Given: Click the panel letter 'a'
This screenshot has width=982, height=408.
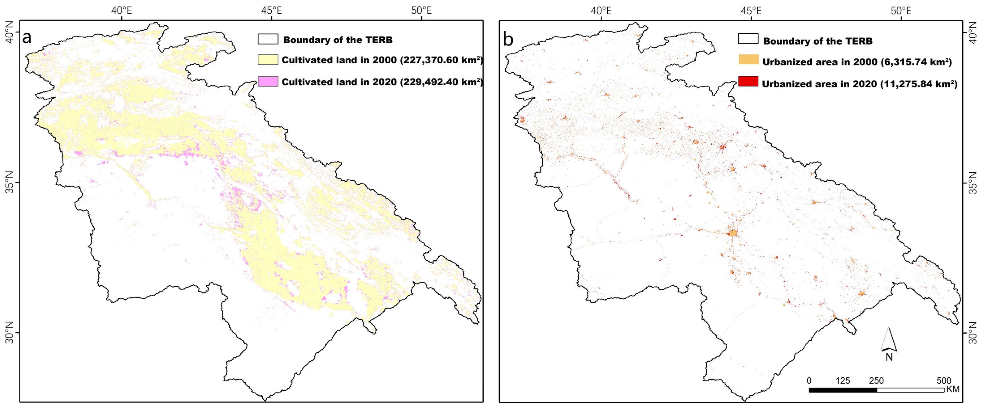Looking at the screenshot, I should click(x=27, y=38).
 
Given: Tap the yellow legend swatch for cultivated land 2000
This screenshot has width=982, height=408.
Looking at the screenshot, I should click(x=268, y=60).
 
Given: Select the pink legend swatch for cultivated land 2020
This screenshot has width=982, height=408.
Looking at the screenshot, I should click(x=268, y=82).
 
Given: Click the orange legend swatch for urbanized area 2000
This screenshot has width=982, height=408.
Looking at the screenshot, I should click(x=748, y=59).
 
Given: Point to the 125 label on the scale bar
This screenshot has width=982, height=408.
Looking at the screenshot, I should click(x=842, y=380).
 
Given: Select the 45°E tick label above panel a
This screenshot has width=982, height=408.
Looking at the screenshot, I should click(x=271, y=10).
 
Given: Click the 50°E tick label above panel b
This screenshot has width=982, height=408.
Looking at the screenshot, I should click(x=901, y=10).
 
